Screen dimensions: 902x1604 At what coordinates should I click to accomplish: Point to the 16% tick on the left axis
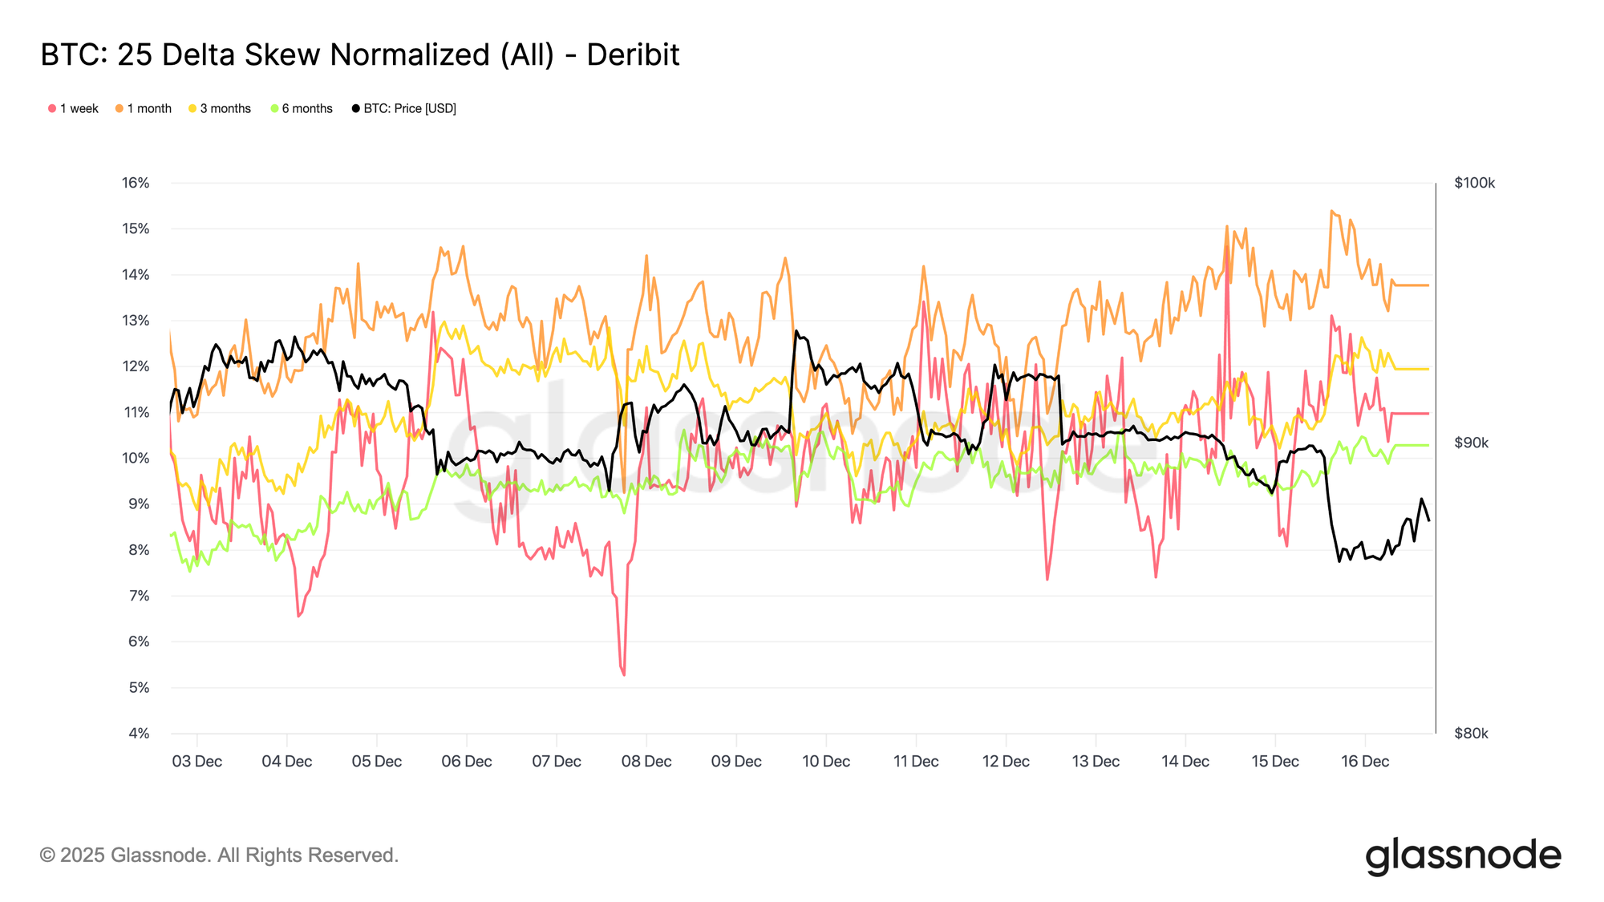[x=136, y=183]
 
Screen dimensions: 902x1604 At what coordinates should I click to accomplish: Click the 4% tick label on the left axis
[x=138, y=734]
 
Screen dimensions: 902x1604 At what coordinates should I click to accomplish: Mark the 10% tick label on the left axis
[x=136, y=459]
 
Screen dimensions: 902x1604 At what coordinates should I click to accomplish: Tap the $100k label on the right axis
[x=1474, y=184]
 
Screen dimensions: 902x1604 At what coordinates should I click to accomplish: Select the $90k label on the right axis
[x=1471, y=443]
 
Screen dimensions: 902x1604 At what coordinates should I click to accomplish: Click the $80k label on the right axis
[x=1471, y=734]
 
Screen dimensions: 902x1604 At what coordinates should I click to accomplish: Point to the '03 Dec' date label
[x=196, y=762]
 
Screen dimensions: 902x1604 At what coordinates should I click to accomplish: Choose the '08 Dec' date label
[x=646, y=762]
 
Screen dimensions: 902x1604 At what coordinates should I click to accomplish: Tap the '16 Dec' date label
[x=1365, y=762]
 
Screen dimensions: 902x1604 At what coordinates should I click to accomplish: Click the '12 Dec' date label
[x=1006, y=762]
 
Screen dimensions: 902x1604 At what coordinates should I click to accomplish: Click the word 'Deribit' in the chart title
[x=633, y=55]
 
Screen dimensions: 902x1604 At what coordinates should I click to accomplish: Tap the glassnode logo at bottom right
[x=1463, y=855]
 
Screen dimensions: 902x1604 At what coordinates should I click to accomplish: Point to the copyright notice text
[x=219, y=855]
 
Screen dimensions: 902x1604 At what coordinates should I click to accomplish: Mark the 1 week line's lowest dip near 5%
[x=624, y=674]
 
